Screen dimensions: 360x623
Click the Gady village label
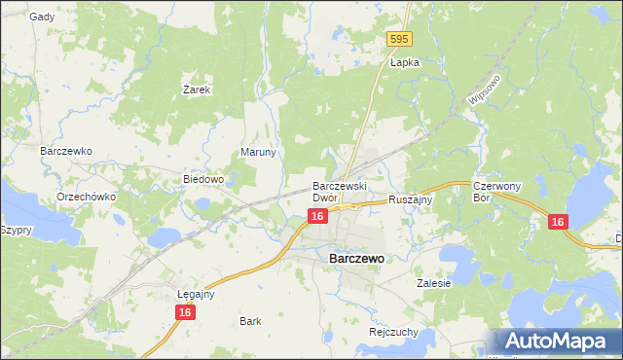(41, 17)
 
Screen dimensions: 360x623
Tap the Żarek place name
(198, 90)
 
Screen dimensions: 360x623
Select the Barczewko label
(65, 152)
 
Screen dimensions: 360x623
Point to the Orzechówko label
(87, 196)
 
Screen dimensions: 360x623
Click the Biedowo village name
(204, 179)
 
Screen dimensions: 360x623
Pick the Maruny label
(259, 153)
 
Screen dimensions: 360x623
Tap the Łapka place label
(404, 62)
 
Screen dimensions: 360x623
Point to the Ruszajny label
(410, 198)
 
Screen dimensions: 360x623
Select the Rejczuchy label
(393, 331)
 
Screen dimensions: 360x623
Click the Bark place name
(250, 320)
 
